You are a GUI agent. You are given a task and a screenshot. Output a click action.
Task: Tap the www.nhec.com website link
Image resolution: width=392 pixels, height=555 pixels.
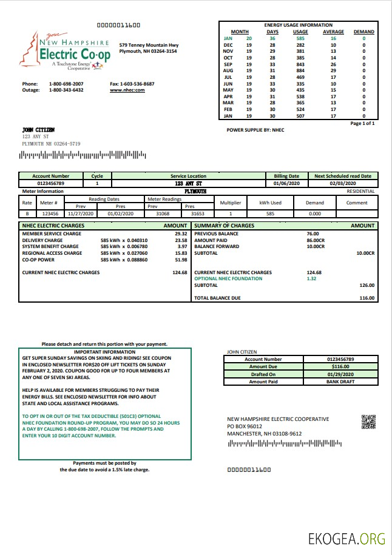[x=127, y=90]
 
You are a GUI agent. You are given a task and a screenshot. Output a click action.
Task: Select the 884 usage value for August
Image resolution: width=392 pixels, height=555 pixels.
[x=300, y=70]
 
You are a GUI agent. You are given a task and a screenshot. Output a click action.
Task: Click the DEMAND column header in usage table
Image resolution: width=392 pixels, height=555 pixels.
[x=363, y=32]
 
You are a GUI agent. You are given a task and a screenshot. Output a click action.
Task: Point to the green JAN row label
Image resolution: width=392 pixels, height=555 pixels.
[x=228, y=38]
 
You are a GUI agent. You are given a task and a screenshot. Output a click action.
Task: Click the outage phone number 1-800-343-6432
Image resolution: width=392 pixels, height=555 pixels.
[x=66, y=90]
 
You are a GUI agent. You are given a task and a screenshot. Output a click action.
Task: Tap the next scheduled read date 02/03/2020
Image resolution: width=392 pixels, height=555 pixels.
[x=343, y=183]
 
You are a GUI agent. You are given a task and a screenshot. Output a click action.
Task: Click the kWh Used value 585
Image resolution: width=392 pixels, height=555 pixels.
[x=270, y=214]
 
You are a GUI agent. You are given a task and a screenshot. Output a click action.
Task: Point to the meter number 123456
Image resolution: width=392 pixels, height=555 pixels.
[x=50, y=214]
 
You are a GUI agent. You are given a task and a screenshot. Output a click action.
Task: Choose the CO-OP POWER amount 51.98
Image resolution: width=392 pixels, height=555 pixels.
[x=180, y=260]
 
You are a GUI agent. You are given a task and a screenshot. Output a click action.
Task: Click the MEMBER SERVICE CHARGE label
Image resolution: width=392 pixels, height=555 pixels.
[x=52, y=234]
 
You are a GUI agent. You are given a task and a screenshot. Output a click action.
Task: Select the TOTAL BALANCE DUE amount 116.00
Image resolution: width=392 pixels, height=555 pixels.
[x=367, y=298]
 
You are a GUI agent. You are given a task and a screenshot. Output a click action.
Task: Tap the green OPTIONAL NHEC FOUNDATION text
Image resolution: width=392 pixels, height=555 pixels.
[x=228, y=278]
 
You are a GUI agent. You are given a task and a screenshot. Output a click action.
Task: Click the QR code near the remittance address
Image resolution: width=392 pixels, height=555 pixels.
[x=368, y=422]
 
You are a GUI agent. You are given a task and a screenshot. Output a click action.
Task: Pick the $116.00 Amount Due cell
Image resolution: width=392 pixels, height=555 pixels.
[x=336, y=367]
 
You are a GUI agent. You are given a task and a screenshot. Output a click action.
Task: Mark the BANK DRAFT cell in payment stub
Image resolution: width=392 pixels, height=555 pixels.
[x=336, y=382]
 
